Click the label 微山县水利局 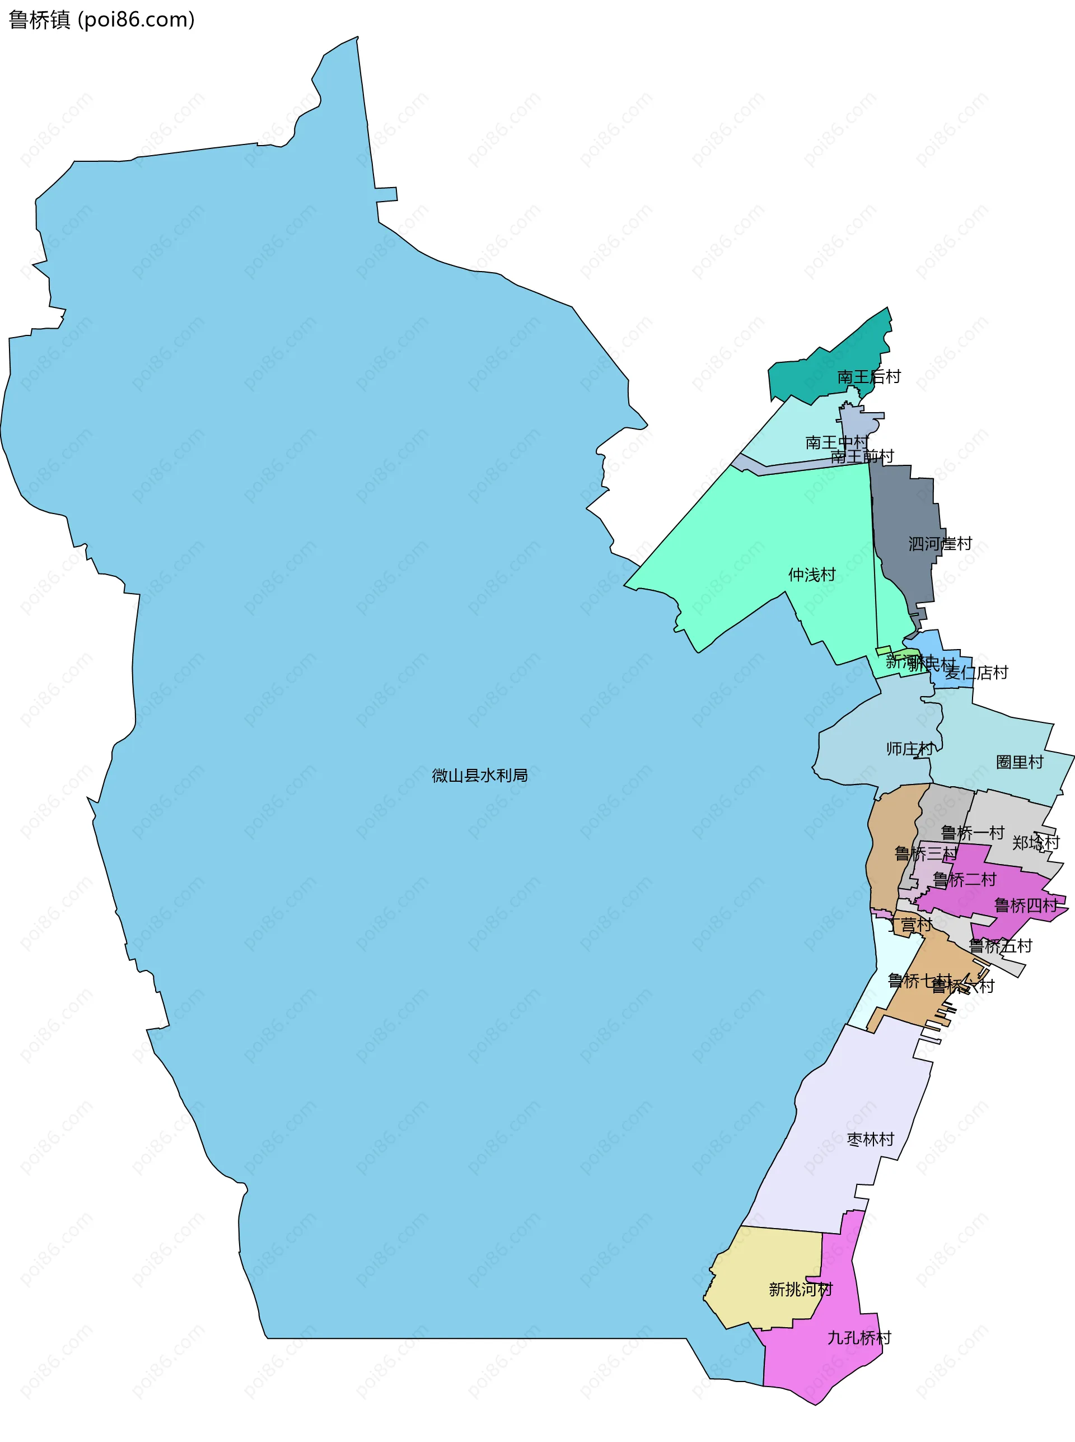480,775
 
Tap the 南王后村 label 869,377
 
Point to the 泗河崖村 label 940,543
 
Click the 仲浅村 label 811,575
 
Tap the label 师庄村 910,748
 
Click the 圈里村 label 1019,762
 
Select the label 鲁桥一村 972,832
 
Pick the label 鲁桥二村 964,880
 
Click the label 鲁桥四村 1026,905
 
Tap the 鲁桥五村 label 1000,945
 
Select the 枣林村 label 870,1139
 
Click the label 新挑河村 801,1289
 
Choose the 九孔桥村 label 859,1338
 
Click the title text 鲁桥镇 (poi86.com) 101,20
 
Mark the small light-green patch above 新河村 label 883,650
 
